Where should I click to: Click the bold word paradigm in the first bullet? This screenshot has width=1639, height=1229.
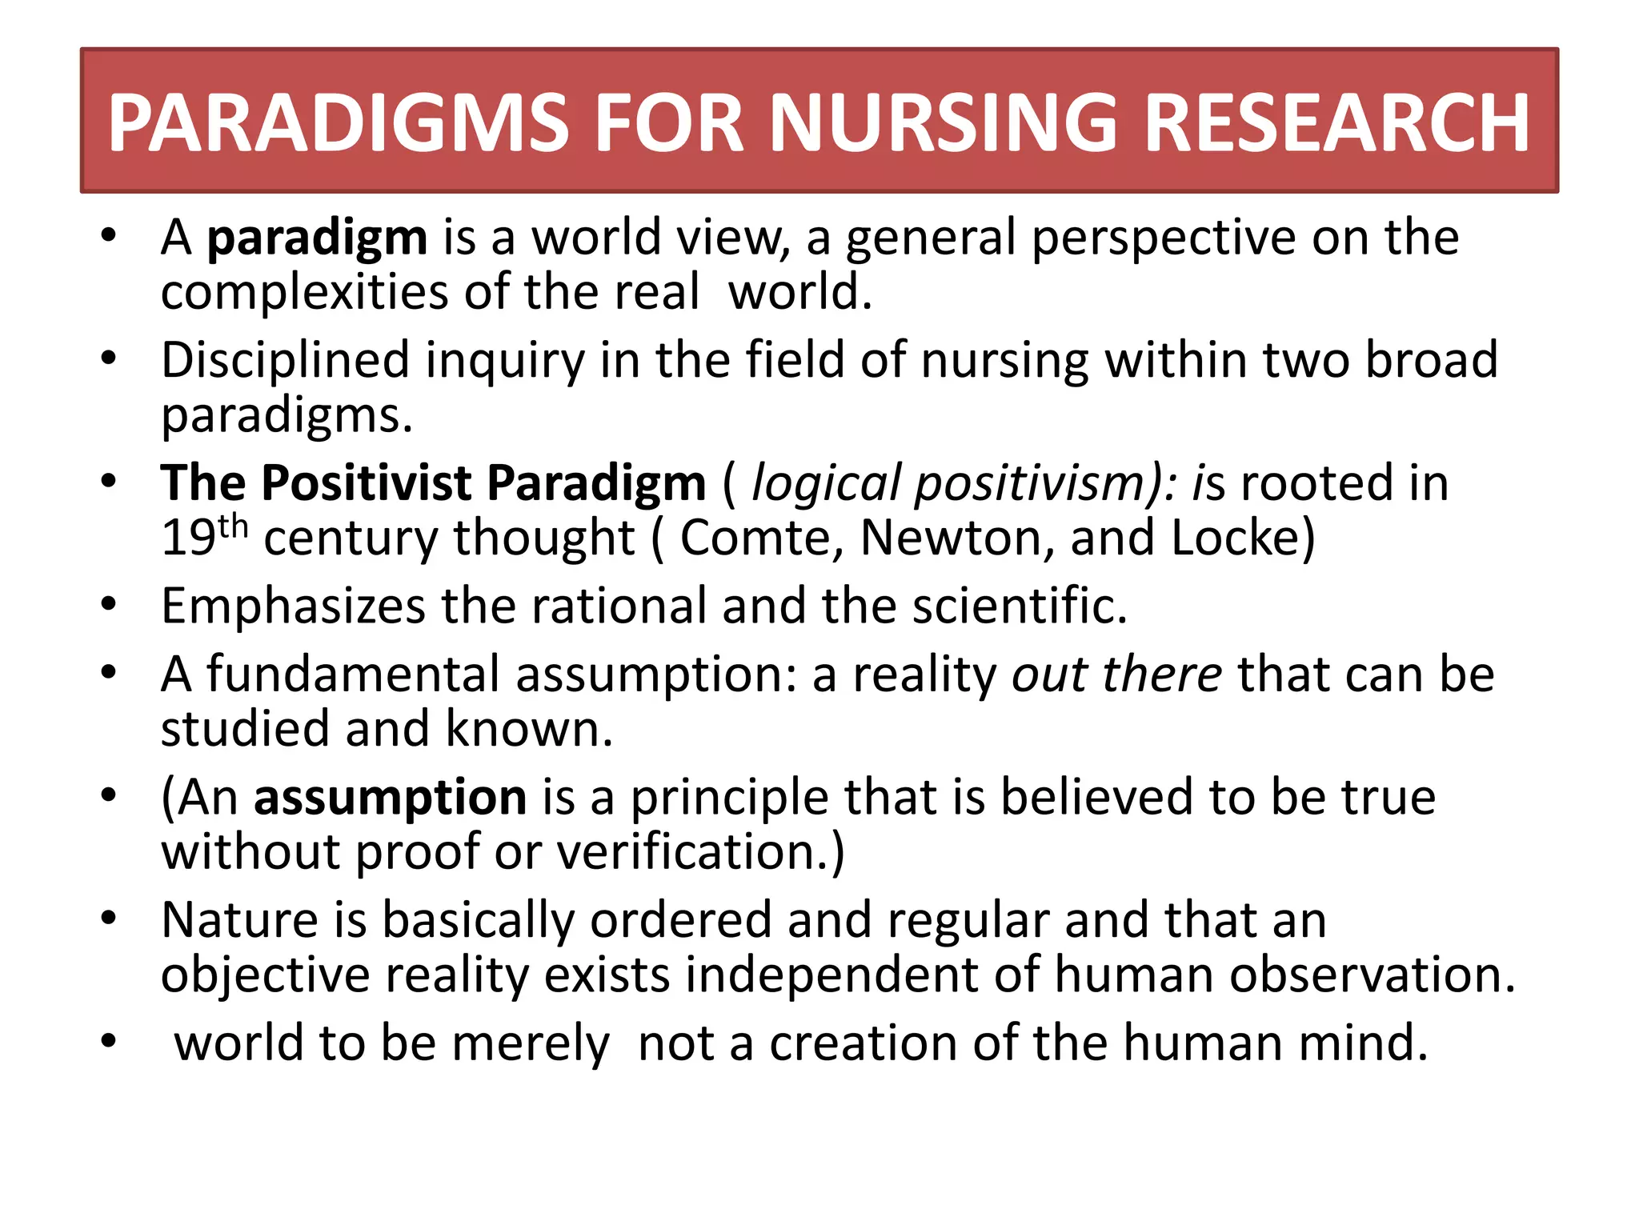(x=317, y=238)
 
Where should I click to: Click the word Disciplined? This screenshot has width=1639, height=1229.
(x=285, y=360)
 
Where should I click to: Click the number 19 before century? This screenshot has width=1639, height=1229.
(x=188, y=538)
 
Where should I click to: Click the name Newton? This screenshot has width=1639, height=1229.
(x=956, y=538)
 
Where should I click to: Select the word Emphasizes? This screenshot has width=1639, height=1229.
(x=293, y=606)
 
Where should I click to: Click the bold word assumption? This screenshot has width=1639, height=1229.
(x=390, y=798)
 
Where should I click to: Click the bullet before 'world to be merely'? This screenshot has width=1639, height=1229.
(x=110, y=1042)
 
